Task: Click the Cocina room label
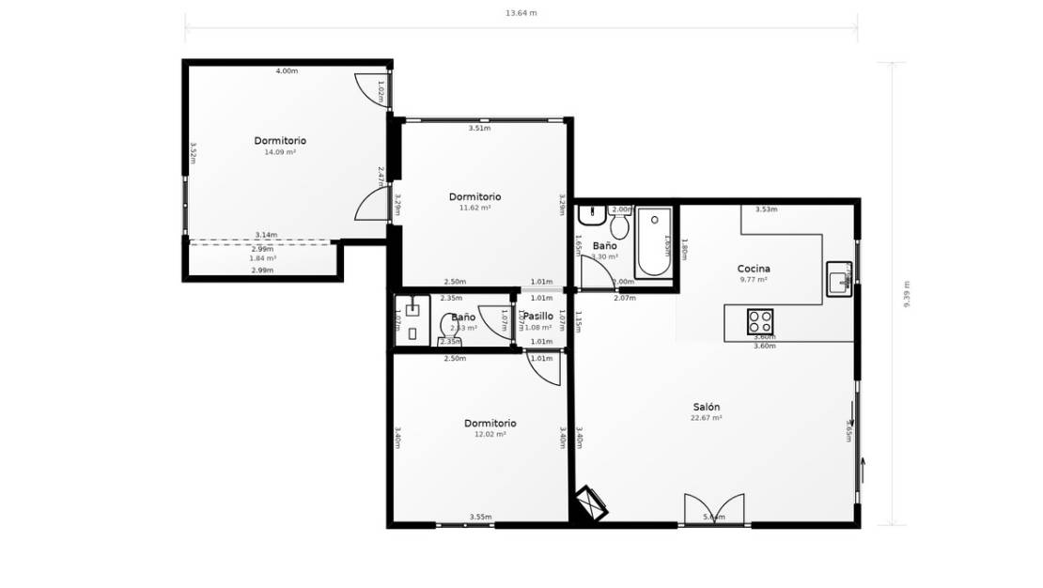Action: [x=754, y=269]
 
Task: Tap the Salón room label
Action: [x=706, y=407]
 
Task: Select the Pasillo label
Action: [x=538, y=317]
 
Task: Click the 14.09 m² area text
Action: [x=280, y=151]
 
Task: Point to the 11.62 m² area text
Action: [x=475, y=208]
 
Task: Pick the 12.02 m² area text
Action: [x=490, y=434]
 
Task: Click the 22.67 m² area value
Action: [x=706, y=418]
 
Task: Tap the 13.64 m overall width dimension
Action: [x=521, y=13]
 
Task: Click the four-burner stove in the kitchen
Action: [x=760, y=321]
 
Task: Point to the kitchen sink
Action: [x=839, y=279]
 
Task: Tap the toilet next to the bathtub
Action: [x=619, y=225]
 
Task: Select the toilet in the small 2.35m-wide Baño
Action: [x=449, y=329]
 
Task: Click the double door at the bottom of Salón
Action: [x=714, y=509]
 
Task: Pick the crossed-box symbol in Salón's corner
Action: [x=591, y=503]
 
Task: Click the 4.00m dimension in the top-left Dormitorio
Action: [x=287, y=71]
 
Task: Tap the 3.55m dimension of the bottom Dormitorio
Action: [x=479, y=517]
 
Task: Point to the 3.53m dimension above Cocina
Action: [x=767, y=209]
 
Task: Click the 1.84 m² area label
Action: [x=262, y=258]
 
